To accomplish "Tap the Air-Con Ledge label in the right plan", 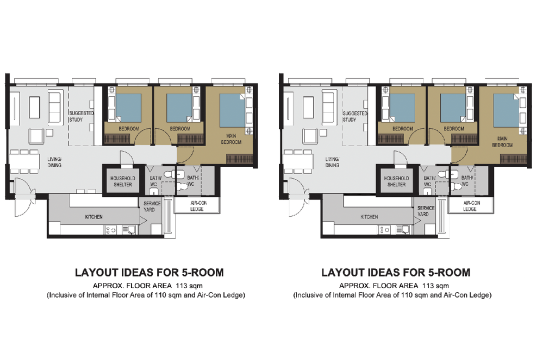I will (469, 206).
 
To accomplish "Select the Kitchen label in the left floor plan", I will (93, 217).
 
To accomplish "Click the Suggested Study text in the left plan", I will (81, 116).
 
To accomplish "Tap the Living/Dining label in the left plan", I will (54, 162).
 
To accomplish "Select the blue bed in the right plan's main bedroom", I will (506, 110).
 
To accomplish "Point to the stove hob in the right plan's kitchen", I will (385, 229).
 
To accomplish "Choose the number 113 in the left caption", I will (177, 286).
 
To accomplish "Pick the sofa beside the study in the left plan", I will (53, 105).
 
